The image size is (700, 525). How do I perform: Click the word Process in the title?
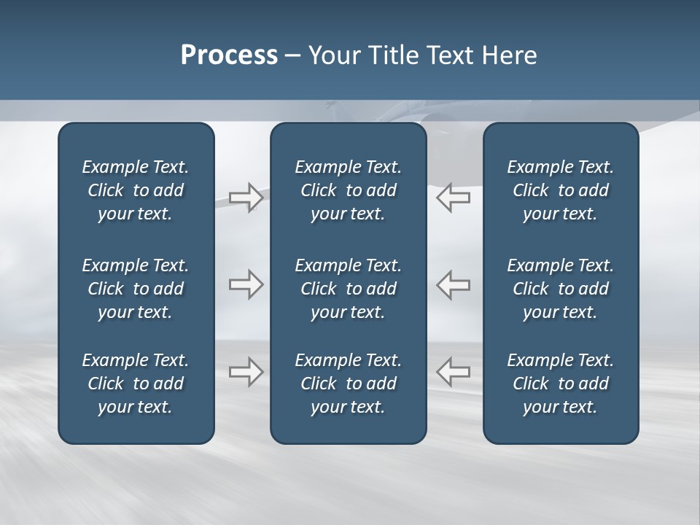[229, 55]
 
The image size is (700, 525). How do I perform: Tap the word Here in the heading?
[510, 55]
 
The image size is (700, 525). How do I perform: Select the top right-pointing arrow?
[246, 197]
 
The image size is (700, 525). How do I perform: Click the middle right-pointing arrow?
[246, 284]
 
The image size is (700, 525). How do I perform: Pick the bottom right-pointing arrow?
[246, 372]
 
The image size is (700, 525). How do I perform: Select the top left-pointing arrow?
[453, 197]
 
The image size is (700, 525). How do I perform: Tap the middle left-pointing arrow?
[453, 284]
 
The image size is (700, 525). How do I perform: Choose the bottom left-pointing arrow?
[453, 372]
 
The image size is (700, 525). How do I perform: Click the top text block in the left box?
[136, 190]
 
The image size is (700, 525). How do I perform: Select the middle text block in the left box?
[136, 289]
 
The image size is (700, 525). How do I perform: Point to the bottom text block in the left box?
[136, 384]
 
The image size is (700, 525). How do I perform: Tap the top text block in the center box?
[349, 190]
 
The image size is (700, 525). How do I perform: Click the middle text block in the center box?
[349, 289]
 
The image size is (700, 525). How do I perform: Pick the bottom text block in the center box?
[349, 384]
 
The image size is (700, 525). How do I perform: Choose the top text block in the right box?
[561, 190]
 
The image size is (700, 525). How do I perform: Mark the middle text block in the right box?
[561, 289]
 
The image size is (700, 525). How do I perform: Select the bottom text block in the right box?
[561, 384]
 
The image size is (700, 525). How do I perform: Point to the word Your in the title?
[334, 55]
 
